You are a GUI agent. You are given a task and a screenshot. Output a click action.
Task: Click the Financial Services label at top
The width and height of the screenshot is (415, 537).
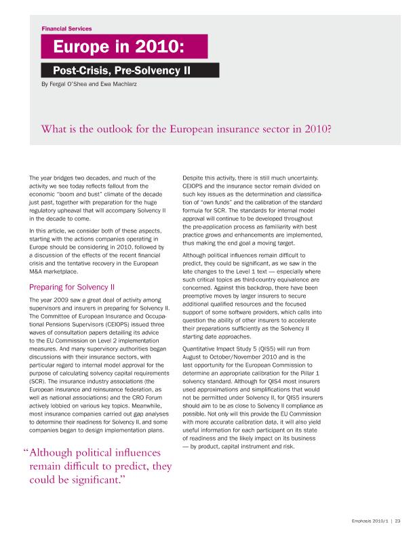tap(66, 28)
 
